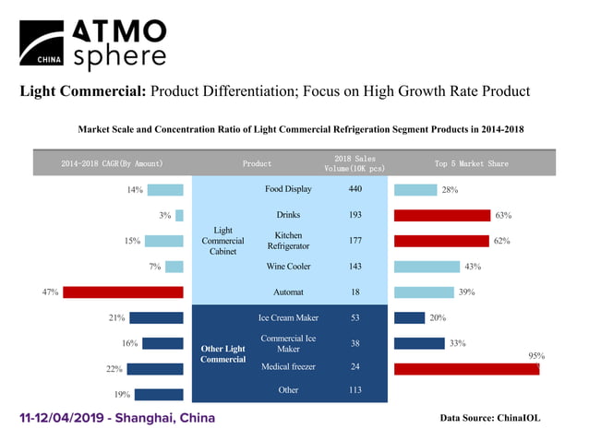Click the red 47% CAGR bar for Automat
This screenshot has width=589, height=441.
[x=123, y=292]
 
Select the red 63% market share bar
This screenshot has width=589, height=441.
[x=441, y=215]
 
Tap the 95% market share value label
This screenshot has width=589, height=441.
[x=535, y=355]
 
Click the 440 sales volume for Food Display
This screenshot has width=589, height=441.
[x=355, y=189]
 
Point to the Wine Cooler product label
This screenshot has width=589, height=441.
[x=288, y=267]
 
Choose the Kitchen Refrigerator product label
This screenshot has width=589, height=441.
[x=288, y=241]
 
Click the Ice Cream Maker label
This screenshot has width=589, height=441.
[x=288, y=318]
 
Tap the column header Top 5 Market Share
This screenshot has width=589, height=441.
[x=471, y=163]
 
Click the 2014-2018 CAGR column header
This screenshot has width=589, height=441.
[x=112, y=163]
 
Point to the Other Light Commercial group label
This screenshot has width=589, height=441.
[x=223, y=353]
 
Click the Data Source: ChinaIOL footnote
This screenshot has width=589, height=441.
[x=490, y=418]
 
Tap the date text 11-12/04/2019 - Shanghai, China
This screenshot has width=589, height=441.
[x=117, y=418]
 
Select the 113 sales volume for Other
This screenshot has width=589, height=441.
[x=355, y=389]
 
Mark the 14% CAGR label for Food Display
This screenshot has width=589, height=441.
[x=135, y=190]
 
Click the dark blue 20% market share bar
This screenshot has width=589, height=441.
[x=409, y=318]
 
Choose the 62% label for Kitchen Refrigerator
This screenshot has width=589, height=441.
[x=502, y=241]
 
